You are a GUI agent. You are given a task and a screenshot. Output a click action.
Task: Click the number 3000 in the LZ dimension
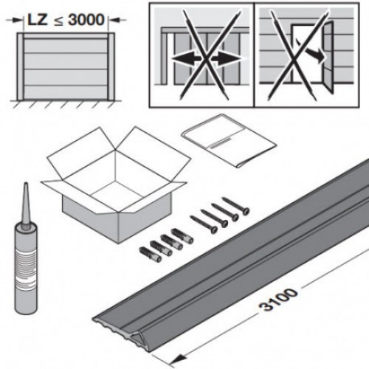(x=86, y=20)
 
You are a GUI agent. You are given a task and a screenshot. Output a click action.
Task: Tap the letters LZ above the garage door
(x=38, y=20)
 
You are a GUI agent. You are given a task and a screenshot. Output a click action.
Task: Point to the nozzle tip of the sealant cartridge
(x=26, y=184)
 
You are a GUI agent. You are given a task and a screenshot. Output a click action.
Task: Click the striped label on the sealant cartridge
(x=26, y=267)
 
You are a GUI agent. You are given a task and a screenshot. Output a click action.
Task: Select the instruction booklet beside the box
(x=229, y=140)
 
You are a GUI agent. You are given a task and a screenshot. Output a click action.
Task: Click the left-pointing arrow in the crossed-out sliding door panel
(x=186, y=59)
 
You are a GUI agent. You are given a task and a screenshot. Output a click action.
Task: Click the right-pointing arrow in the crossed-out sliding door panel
(x=225, y=59)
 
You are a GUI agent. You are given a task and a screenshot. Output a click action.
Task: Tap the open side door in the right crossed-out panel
(x=328, y=57)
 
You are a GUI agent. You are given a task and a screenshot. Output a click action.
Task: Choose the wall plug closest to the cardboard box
(x=182, y=235)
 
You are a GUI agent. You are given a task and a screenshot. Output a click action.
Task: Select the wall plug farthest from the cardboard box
(x=151, y=255)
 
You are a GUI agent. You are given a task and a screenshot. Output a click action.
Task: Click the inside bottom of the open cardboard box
(x=116, y=194)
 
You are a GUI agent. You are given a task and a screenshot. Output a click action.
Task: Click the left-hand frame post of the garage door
(x=21, y=66)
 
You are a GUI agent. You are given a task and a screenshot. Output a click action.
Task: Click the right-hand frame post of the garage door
(x=111, y=66)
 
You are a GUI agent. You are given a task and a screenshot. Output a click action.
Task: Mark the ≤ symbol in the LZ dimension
(x=58, y=21)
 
